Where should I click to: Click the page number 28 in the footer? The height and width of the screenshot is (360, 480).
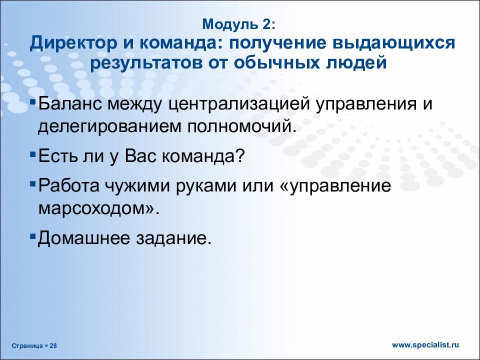pos(53,345)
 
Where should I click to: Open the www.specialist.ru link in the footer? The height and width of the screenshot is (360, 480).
pos(425,344)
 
